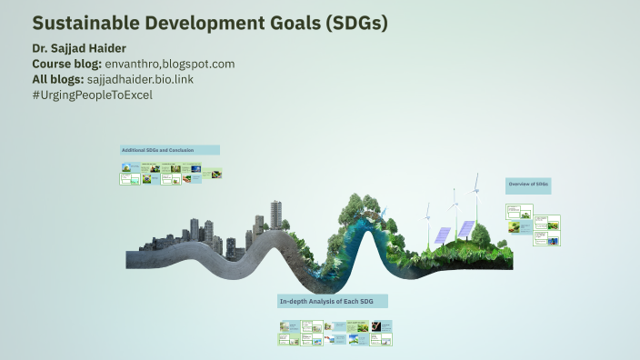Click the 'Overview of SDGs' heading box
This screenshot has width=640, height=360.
528,185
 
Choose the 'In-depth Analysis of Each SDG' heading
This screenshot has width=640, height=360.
333,301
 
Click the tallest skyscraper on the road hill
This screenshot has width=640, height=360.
276,215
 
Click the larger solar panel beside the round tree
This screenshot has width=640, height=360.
465,229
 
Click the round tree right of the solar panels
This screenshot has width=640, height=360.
482,235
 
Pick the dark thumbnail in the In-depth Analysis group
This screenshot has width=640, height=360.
363,326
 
